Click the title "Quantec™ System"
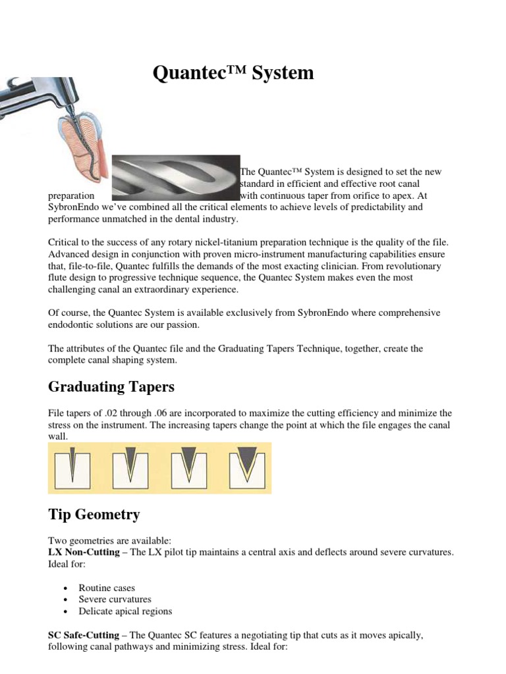[x=233, y=73]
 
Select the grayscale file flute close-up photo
[x=175, y=178]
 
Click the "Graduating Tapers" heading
[x=111, y=386]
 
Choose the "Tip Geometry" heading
[x=94, y=514]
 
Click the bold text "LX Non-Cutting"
[x=84, y=552]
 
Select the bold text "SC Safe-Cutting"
[x=84, y=636]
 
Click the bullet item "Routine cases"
[x=107, y=588]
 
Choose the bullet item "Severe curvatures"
[x=115, y=600]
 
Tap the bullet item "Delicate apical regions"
[x=125, y=611]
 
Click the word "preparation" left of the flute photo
[x=72, y=195]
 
